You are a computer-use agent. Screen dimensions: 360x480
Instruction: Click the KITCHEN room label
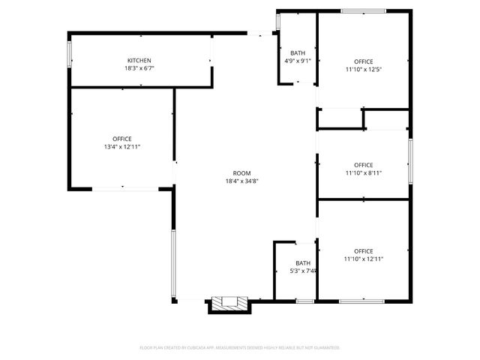pyautogui.click(x=139, y=60)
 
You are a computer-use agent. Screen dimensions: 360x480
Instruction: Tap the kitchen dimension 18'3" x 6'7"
pyautogui.click(x=139, y=68)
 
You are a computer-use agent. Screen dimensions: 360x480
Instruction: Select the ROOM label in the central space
pyautogui.click(x=241, y=172)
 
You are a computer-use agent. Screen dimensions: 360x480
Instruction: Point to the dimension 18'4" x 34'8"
pyautogui.click(x=241, y=181)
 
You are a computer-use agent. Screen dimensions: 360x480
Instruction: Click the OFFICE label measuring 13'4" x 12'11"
pyautogui.click(x=122, y=139)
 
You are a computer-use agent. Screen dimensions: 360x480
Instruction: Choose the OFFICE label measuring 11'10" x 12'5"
pyautogui.click(x=364, y=61)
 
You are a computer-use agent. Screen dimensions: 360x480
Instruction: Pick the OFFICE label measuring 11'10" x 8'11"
pyautogui.click(x=364, y=165)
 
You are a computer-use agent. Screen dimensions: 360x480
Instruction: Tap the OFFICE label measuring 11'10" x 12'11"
pyautogui.click(x=364, y=250)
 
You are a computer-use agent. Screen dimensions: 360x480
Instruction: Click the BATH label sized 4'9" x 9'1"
pyautogui.click(x=298, y=52)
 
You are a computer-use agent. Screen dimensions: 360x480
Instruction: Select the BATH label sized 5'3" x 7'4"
pyautogui.click(x=303, y=262)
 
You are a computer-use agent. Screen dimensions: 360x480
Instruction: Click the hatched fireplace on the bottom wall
pyautogui.click(x=229, y=302)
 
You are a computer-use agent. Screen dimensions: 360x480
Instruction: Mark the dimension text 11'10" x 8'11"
pyautogui.click(x=364, y=173)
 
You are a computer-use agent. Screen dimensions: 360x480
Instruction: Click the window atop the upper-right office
pyautogui.click(x=364, y=10)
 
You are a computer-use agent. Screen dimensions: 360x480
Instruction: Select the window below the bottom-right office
pyautogui.click(x=362, y=301)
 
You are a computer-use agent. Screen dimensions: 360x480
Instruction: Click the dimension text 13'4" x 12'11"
pyautogui.click(x=122, y=147)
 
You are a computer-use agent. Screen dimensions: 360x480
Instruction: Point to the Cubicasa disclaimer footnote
pyautogui.click(x=240, y=348)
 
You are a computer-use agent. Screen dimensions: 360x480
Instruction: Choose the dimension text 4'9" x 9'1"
pyautogui.click(x=298, y=61)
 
